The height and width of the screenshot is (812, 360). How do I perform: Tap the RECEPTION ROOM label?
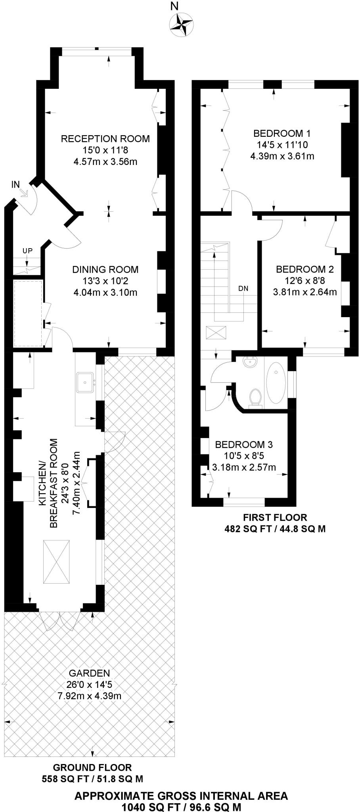tap(105, 139)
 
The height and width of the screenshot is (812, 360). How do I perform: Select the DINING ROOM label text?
tap(105, 270)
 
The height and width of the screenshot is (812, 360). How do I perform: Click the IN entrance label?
tap(15, 184)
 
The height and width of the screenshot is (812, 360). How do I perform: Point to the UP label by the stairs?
tap(27, 251)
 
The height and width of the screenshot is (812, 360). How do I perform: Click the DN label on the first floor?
tap(243, 289)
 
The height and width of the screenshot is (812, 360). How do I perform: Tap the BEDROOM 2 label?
tap(305, 270)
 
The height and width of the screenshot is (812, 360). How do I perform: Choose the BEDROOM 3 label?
tap(244, 444)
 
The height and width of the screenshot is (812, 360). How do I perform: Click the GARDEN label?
tap(89, 673)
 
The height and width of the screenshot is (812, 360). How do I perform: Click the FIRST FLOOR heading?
tap(275, 517)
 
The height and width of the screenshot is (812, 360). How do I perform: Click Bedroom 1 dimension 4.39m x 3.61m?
tap(282, 156)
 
